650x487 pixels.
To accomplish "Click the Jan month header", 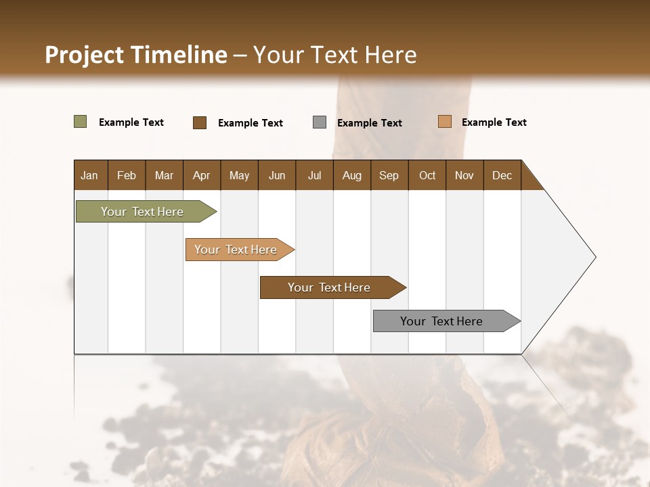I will [x=89, y=175].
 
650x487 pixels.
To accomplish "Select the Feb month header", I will [x=127, y=175].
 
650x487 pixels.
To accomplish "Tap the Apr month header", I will [x=201, y=175].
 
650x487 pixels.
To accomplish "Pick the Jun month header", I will [x=276, y=175].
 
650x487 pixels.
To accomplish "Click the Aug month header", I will [x=351, y=175].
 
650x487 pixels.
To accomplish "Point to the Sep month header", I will [x=389, y=175].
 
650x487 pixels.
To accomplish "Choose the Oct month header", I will [x=427, y=175].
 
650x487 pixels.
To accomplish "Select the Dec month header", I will [x=502, y=175].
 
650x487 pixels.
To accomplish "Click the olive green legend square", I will [x=80, y=122].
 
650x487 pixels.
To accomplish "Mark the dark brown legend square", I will [x=200, y=122].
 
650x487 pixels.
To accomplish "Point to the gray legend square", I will [x=320, y=122].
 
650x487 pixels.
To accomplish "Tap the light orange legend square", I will [x=444, y=122].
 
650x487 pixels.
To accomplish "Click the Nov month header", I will [x=464, y=175].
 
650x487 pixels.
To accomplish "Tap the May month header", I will [x=239, y=175].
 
